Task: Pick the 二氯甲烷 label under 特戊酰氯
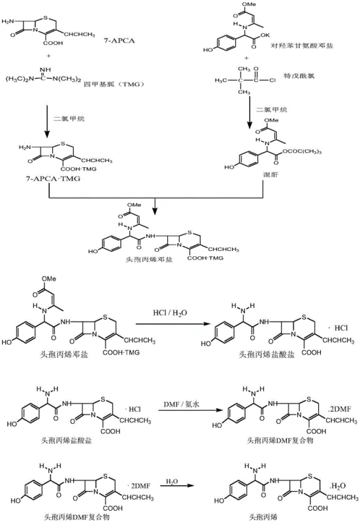[271, 109]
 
